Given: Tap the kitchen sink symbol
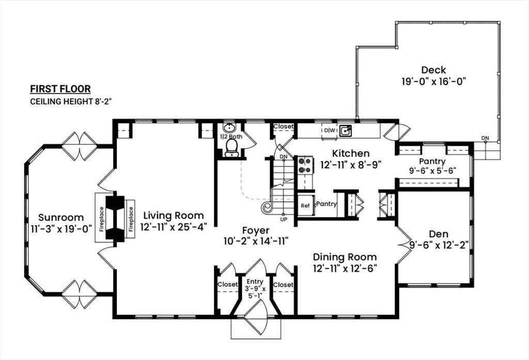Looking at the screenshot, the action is point(346,130).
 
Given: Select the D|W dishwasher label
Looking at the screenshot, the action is point(330,130).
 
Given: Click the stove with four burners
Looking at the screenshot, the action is point(305,165).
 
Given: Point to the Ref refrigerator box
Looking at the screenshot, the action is point(305,206).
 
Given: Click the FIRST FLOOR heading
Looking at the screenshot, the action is point(60,89).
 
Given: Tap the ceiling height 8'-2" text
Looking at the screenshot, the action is point(71,101).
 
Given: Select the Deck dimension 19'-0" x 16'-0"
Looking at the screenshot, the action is point(433,81).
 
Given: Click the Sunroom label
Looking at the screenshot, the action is point(61,217).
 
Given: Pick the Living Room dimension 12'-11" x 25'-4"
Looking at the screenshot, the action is point(174,227).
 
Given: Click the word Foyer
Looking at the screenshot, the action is point(256,230).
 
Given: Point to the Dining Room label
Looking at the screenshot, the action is point(345,257).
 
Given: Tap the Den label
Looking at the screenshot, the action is point(439,234).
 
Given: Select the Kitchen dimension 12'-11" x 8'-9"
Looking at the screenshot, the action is point(351,165).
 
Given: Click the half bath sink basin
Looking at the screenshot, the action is point(230,128).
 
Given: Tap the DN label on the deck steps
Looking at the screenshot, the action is point(485,138).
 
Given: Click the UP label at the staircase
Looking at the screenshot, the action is point(284,220).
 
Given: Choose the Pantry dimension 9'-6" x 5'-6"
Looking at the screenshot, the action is point(432,171).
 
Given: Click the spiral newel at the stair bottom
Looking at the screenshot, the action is point(268,207).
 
